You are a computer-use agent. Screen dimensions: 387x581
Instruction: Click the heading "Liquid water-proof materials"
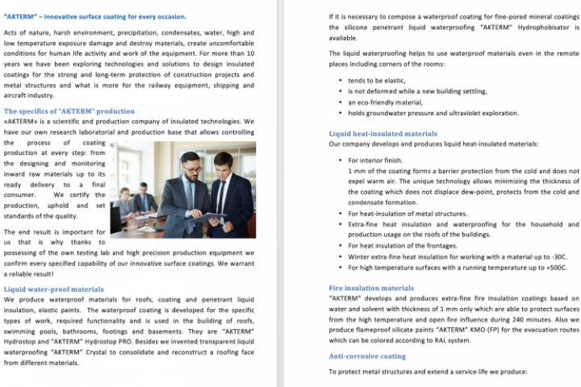tap(53, 288)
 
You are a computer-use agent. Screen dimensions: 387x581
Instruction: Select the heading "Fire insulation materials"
tap(371, 287)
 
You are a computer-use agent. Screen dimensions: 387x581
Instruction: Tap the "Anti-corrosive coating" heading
tap(367, 356)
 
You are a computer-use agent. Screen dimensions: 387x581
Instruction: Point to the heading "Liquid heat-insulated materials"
tap(383, 133)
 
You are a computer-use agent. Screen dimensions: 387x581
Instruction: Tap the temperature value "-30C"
tap(557, 256)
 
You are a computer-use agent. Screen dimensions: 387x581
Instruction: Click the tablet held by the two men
tap(212, 214)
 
